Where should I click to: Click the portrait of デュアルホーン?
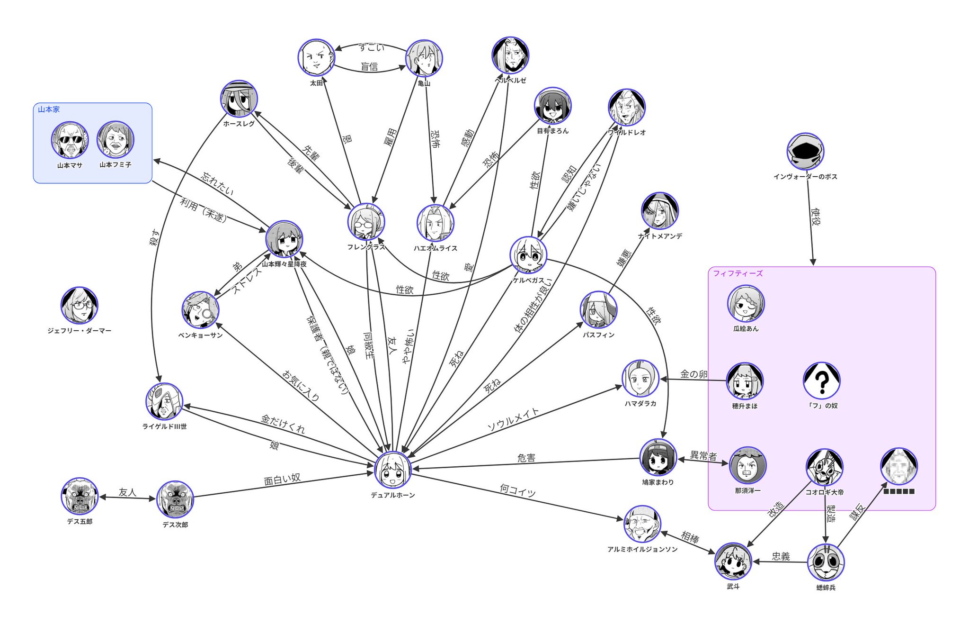pos(392,470)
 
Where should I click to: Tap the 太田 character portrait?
pos(316,57)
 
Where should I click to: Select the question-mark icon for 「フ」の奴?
pos(821,380)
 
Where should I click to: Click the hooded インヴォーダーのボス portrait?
pos(805,151)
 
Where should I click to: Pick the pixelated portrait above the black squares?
pos(898,466)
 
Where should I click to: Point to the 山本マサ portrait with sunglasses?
pos(70,140)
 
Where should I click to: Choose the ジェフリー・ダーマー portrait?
pos(79,305)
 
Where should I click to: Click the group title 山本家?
pos(49,109)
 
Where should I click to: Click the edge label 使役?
pos(815,216)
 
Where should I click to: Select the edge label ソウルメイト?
pos(513,419)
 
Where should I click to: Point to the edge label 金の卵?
pos(693,374)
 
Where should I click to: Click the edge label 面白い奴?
pos(282,480)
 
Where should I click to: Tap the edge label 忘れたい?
pos(217,183)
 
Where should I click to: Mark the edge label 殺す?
pos(154,237)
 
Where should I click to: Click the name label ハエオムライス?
pos(435,248)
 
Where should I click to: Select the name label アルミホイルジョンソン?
pos(642,549)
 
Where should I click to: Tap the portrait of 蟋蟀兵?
pos(826,562)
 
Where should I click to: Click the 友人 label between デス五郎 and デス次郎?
pos(127,492)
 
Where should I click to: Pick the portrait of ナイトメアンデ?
pos(659,211)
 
